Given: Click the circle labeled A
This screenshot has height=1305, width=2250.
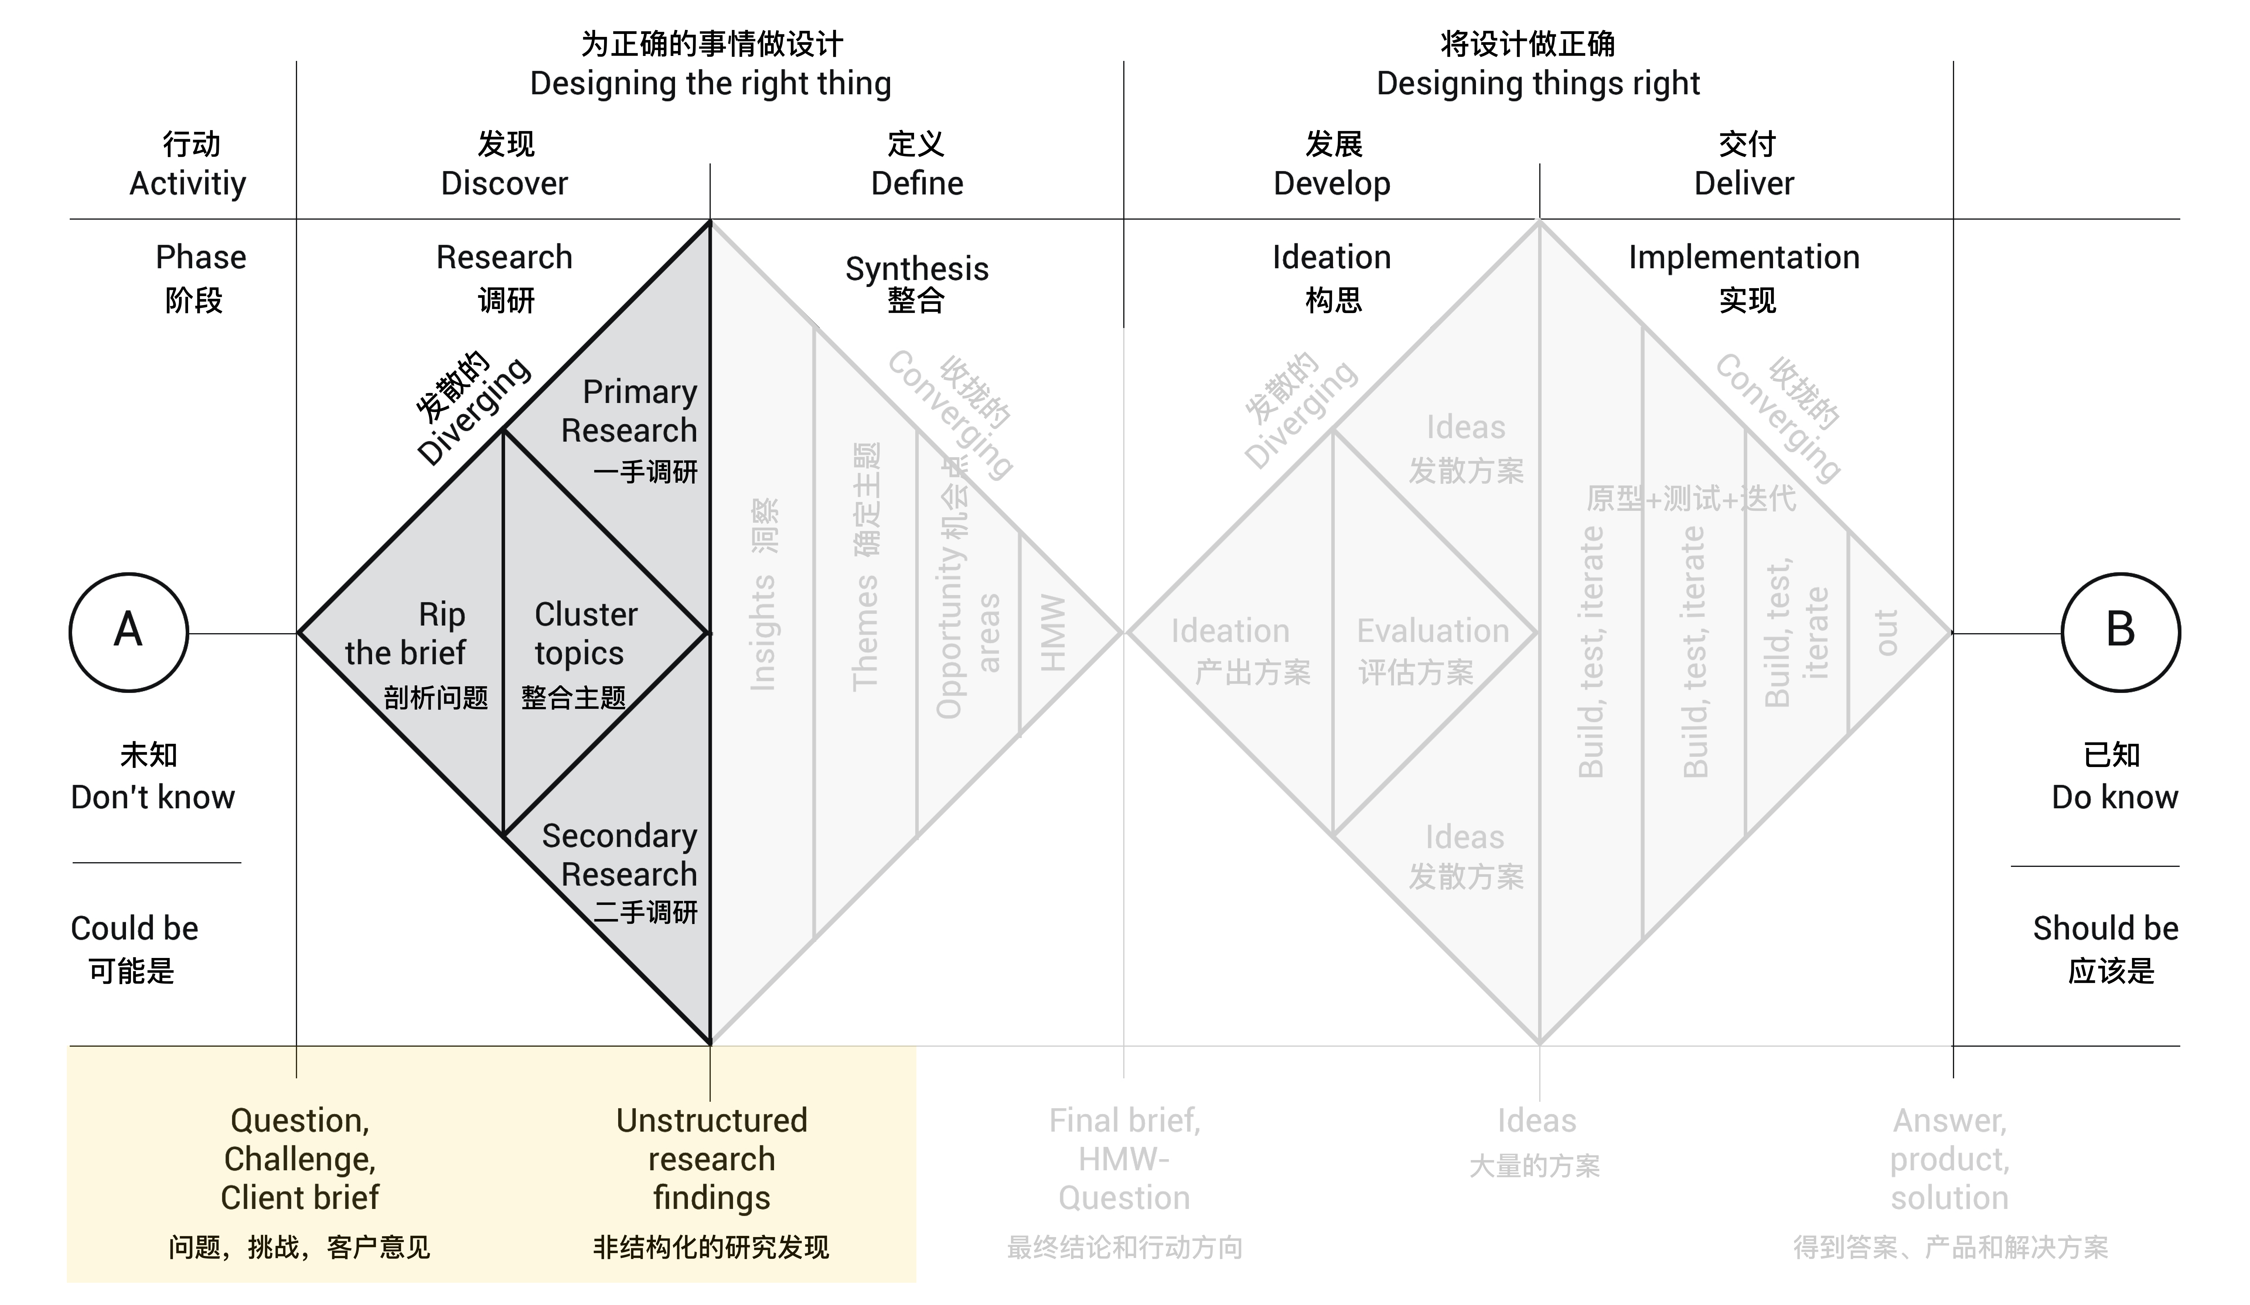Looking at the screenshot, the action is click(x=129, y=632).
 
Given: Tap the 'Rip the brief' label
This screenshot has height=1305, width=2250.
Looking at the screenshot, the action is click(x=406, y=634).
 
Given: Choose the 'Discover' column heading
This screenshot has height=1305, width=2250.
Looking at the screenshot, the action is click(x=504, y=183).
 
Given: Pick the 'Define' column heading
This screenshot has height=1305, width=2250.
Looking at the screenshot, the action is click(x=917, y=183).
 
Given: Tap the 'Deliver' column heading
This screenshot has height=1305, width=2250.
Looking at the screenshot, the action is click(x=1744, y=183).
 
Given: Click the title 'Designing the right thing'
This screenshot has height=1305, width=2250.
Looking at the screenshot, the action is click(x=711, y=83).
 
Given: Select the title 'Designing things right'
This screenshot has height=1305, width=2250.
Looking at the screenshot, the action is click(x=1537, y=83).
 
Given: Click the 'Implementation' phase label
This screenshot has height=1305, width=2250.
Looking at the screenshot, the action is click(x=1744, y=257).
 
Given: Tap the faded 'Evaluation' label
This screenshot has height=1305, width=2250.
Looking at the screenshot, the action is click(x=1433, y=631).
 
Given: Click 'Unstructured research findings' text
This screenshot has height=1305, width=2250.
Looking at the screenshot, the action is click(x=712, y=1159).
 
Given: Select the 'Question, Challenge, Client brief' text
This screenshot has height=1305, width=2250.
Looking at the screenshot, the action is click(x=300, y=1159).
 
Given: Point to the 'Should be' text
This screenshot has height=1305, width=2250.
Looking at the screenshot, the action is click(x=2105, y=928).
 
